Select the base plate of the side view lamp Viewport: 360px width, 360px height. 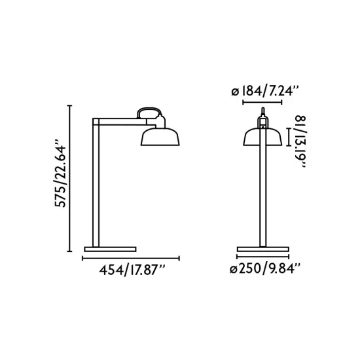(109, 249)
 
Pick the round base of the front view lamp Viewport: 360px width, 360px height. (262, 249)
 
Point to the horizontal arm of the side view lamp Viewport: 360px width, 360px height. (118, 122)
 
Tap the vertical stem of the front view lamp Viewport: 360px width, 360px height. (262, 196)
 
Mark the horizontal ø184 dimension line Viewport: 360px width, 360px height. (262, 102)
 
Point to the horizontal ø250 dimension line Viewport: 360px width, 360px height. (262, 257)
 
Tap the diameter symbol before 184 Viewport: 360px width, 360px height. (234, 91)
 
